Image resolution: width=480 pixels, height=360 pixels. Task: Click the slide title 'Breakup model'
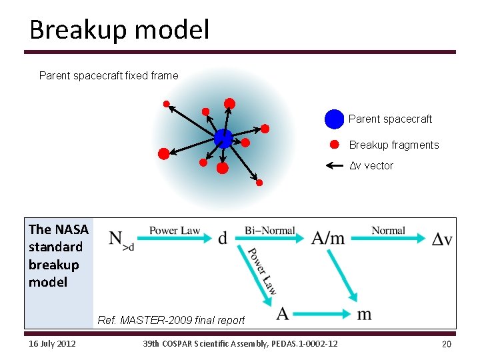pyautogui.click(x=119, y=30)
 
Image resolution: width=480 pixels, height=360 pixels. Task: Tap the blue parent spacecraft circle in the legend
pyautogui.click(x=334, y=119)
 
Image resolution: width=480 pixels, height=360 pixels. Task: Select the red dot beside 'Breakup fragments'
pyautogui.click(x=335, y=145)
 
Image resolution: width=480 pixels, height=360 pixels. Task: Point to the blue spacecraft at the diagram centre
pyautogui.click(x=223, y=138)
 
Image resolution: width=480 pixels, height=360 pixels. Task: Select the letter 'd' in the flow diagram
pyautogui.click(x=222, y=238)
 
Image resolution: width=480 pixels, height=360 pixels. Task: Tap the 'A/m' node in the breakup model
pyautogui.click(x=328, y=238)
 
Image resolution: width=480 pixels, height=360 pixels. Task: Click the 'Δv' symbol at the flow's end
pyautogui.click(x=441, y=239)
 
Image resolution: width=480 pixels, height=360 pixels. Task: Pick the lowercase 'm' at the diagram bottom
pyautogui.click(x=364, y=313)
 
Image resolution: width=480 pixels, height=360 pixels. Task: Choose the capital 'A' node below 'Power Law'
pyautogui.click(x=283, y=313)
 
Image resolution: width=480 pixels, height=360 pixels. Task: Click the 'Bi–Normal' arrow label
pyautogui.click(x=269, y=231)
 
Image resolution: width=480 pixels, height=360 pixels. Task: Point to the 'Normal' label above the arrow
pyautogui.click(x=388, y=231)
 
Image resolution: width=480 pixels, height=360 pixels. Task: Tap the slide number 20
pyautogui.click(x=446, y=344)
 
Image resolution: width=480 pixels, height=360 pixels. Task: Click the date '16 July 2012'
pyautogui.click(x=52, y=344)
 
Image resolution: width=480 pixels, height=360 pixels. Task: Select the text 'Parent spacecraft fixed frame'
pyautogui.click(x=109, y=76)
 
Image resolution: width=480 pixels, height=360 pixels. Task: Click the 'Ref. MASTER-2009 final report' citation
pyautogui.click(x=171, y=320)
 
